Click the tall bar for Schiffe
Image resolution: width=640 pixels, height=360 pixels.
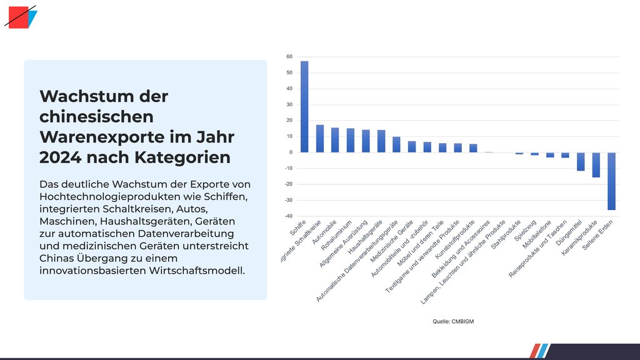click(304, 106)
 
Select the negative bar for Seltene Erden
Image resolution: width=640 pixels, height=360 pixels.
click(611, 181)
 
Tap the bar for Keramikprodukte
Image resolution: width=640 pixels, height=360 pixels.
click(596, 165)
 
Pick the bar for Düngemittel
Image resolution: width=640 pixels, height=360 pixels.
click(581, 161)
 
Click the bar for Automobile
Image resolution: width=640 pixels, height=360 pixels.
click(335, 140)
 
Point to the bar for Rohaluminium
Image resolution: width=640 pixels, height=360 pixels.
click(351, 141)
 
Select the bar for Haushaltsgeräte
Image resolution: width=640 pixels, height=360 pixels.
click(381, 141)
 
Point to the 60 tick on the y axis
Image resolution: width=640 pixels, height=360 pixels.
click(289, 56)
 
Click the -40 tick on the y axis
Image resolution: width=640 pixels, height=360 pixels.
click(288, 216)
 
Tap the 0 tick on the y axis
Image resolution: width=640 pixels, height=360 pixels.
click(291, 152)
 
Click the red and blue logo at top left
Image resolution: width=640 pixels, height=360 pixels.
click(20, 17)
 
